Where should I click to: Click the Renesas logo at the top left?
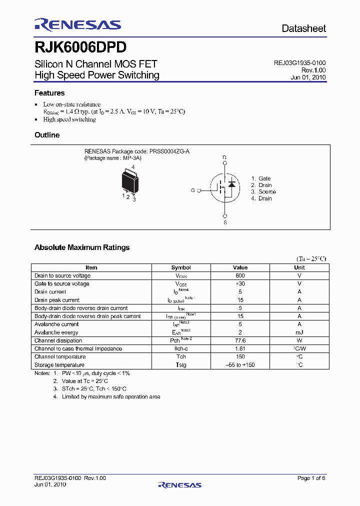tap(77, 24)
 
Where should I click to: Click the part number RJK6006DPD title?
tap(80, 47)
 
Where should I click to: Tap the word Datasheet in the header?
tap(303, 28)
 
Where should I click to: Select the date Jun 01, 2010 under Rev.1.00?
tap(308, 77)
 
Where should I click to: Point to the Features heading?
tap(49, 93)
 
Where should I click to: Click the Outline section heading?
tap(47, 135)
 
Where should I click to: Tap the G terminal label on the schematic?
tap(192, 190)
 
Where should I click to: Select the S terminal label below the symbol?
tap(225, 222)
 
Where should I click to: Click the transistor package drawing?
tap(130, 181)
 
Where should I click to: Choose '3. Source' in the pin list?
tap(263, 192)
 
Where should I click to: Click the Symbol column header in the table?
tap(181, 267)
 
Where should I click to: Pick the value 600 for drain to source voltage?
tap(240, 275)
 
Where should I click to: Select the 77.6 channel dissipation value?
tap(240, 340)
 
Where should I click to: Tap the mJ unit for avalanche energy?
tap(299, 332)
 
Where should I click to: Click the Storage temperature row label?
tap(60, 365)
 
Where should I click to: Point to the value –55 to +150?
tap(240, 365)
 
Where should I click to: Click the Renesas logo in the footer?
tap(180, 484)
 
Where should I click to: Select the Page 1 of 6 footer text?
tap(311, 478)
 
